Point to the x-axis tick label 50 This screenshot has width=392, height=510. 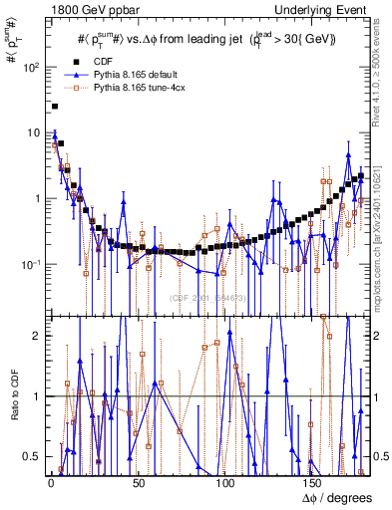[x=136, y=483]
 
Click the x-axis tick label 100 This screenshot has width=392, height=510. [x=224, y=483]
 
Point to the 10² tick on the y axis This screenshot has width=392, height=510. [x=30, y=68]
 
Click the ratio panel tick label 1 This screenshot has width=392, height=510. [x=36, y=396]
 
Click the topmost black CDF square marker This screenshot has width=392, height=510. [x=55, y=106]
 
